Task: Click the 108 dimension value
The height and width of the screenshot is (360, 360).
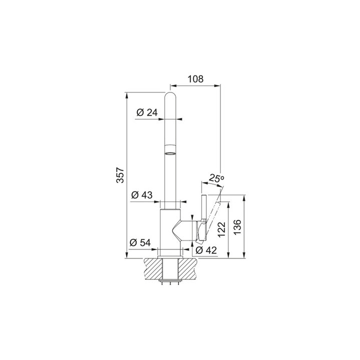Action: click(x=195, y=79)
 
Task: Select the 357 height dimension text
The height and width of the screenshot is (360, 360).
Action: click(x=120, y=175)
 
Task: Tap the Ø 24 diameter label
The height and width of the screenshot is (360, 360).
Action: click(x=147, y=112)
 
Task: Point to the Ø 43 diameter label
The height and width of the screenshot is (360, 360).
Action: click(x=141, y=195)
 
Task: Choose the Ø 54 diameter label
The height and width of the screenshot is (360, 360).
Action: click(x=140, y=242)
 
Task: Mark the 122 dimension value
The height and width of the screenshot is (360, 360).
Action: click(x=222, y=229)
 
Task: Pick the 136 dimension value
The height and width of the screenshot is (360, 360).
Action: click(x=238, y=227)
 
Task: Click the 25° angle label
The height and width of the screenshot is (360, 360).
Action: click(x=216, y=178)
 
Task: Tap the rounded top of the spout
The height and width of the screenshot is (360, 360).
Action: click(x=171, y=96)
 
